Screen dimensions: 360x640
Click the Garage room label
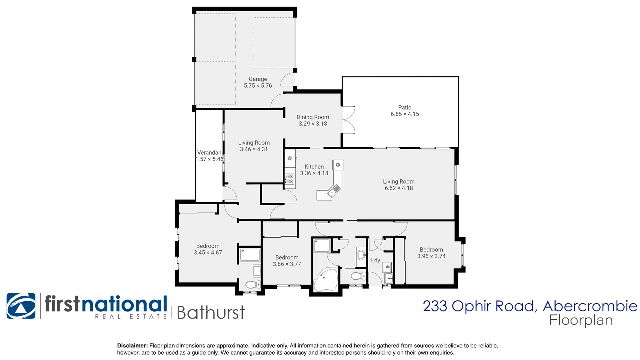[x=258, y=79]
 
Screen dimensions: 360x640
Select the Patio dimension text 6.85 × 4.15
[x=405, y=114]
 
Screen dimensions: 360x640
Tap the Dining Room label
[x=313, y=117]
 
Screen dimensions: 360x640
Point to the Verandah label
[x=209, y=153]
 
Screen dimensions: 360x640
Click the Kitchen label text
[x=314, y=167]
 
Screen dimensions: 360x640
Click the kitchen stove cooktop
[x=289, y=179]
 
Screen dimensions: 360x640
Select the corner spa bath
[x=325, y=279]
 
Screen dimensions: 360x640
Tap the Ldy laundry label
[x=375, y=260]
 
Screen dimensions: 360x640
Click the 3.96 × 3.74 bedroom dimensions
[x=431, y=256]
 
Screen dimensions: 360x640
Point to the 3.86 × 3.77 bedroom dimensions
[x=287, y=264]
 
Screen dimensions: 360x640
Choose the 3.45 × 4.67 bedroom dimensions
[x=208, y=253]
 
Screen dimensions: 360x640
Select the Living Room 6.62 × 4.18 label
[x=399, y=185]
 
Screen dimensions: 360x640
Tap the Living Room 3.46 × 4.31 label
[x=254, y=146]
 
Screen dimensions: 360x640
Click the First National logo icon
[x=21, y=306]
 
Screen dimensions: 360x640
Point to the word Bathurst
[x=210, y=313]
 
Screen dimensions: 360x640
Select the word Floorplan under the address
[x=581, y=320]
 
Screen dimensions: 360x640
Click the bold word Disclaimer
[x=132, y=346]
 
